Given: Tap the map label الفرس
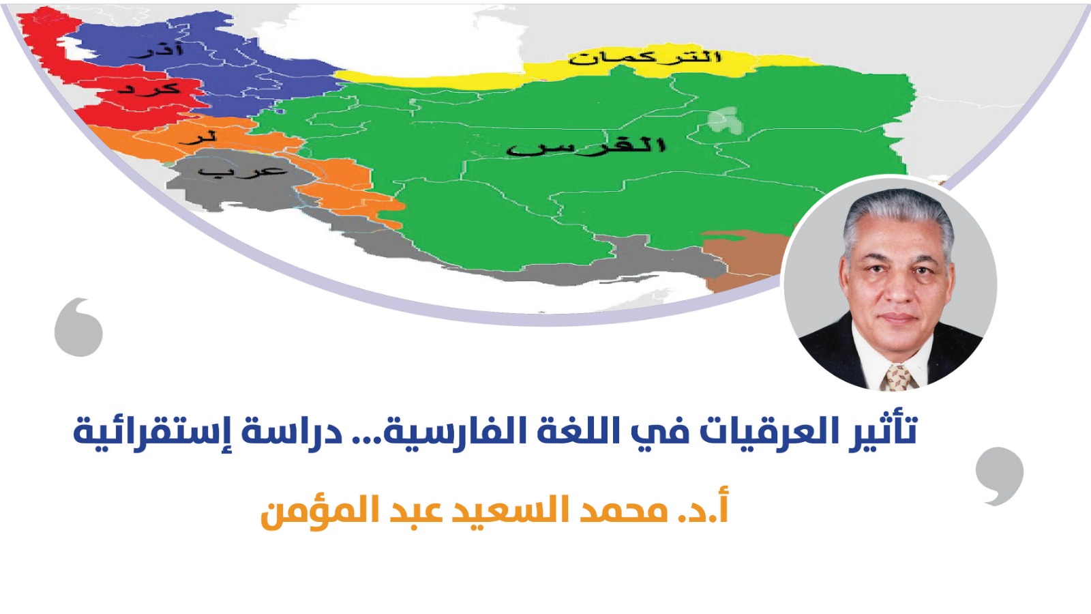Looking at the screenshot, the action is [x=586, y=146].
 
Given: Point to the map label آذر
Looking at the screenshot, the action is [x=155, y=50].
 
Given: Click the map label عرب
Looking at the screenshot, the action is [x=242, y=170].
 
